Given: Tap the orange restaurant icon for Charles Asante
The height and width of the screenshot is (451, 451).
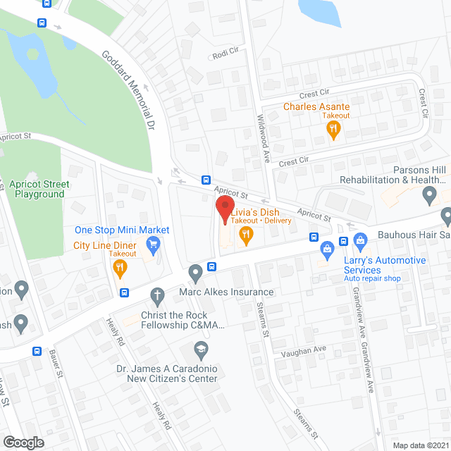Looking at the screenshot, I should click(333, 129).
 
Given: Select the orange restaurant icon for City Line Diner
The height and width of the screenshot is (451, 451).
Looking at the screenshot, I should click(120, 267).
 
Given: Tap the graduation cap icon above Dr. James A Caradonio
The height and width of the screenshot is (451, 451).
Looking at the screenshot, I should click(202, 349).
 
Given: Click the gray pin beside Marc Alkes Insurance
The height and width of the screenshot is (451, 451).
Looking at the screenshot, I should click(195, 273).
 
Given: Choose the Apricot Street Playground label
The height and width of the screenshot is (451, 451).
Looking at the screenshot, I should click(39, 189).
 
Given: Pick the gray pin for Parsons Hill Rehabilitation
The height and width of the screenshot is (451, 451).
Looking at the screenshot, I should click(446, 214).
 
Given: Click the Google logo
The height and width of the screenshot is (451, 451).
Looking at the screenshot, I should click(23, 442).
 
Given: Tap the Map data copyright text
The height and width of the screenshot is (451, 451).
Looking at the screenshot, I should click(420, 445).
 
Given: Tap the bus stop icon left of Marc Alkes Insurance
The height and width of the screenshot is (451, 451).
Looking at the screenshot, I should click(211, 267).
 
